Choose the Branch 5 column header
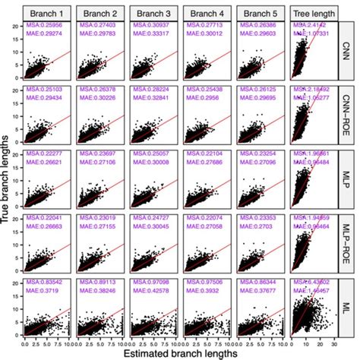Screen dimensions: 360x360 coord(258,13)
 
